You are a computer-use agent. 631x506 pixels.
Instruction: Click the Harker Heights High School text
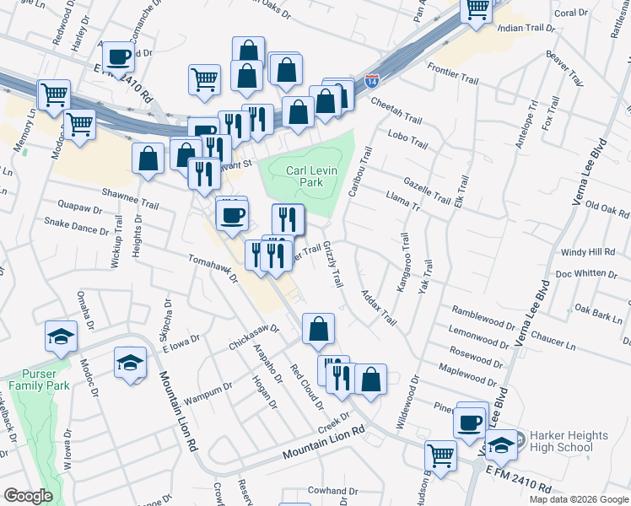point(561,442)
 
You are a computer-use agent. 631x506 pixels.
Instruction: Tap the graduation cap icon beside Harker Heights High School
point(501,444)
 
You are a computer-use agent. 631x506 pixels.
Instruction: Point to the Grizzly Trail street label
point(332,266)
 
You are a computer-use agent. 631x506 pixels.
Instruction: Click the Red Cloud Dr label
point(307,386)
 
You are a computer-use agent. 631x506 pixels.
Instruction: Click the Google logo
point(29,496)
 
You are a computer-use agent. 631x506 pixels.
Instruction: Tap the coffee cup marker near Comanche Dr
point(119,57)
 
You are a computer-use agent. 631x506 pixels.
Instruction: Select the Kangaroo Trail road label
point(403,266)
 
